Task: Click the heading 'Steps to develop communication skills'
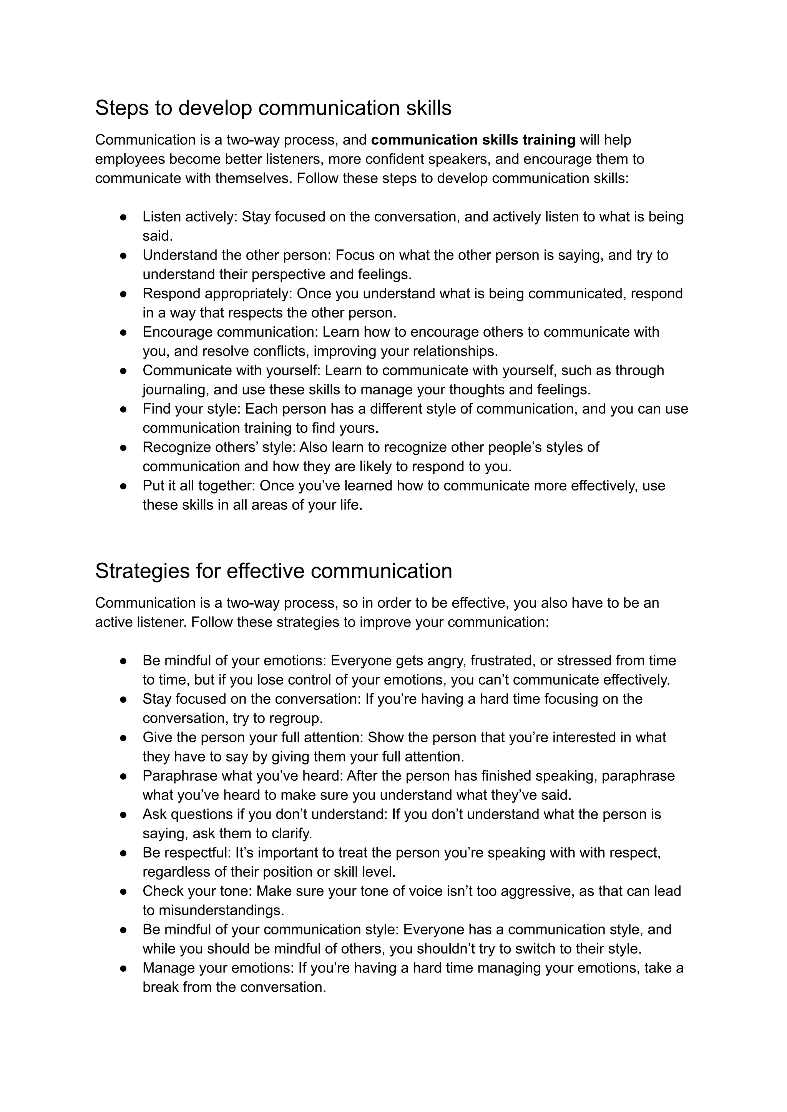(273, 108)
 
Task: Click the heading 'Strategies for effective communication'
(273, 571)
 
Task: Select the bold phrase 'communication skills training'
(473, 140)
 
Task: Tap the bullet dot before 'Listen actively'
(124, 218)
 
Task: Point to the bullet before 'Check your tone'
(124, 891)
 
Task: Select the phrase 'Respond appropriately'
(217, 294)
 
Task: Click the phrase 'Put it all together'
(199, 486)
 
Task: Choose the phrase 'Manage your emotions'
(218, 968)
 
